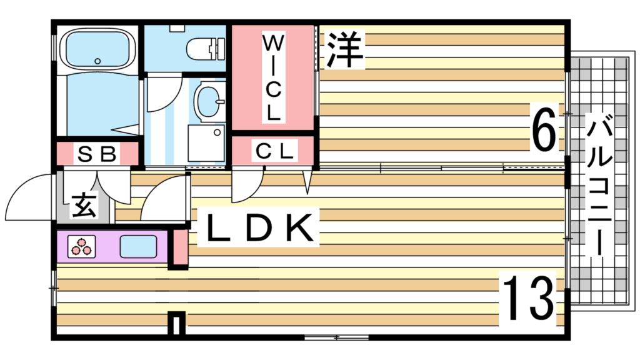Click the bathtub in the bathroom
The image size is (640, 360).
click(x=97, y=49)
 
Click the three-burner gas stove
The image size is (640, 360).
click(x=82, y=246)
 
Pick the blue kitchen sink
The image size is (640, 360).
click(x=138, y=246)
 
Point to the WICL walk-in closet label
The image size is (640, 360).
click(x=272, y=77)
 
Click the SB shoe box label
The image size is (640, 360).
click(x=97, y=154)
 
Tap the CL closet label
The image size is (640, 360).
click(x=275, y=151)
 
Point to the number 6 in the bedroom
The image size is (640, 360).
click(x=545, y=127)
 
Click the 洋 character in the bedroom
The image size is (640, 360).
click(x=344, y=49)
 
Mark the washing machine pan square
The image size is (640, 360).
click(x=206, y=143)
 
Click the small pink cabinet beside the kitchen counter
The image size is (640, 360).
click(x=179, y=247)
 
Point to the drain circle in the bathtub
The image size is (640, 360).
click(x=97, y=61)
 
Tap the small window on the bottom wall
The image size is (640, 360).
click(x=337, y=337)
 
